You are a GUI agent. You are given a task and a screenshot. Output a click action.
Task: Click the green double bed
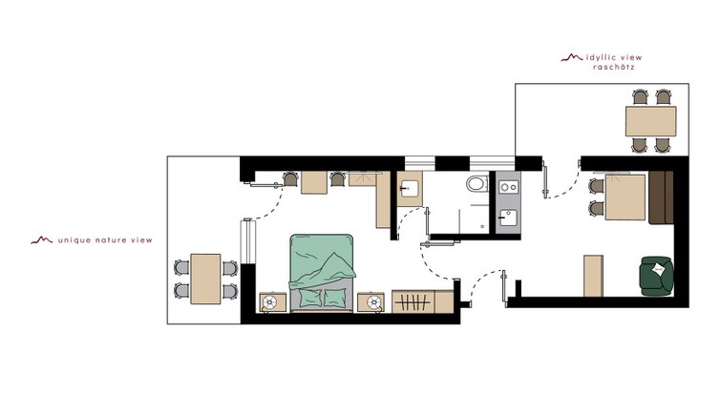pyautogui.click(x=322, y=273)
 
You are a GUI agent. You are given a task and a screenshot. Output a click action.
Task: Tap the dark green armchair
pyautogui.click(x=657, y=276)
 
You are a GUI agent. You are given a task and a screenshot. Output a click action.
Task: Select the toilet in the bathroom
pyautogui.click(x=477, y=183)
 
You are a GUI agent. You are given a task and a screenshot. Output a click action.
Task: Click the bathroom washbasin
pyautogui.click(x=409, y=189)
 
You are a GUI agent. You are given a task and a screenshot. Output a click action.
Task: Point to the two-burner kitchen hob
pyautogui.click(x=509, y=187)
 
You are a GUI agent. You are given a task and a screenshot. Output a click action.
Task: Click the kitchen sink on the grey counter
pyautogui.click(x=508, y=218)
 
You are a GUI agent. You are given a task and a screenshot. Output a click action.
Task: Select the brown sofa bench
pyautogui.click(x=661, y=197)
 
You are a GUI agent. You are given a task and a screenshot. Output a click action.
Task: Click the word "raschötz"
pyautogui.click(x=613, y=67)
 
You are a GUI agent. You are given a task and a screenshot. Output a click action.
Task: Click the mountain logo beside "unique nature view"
pyautogui.click(x=42, y=239)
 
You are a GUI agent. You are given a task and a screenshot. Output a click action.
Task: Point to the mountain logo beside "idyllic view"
pyautogui.click(x=572, y=57)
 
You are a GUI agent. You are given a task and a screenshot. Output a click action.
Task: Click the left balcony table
pyautogui.click(x=205, y=279)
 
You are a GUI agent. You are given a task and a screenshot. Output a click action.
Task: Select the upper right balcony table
pyautogui.click(x=650, y=121)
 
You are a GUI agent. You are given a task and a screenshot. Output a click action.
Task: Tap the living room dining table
pyautogui.click(x=625, y=197)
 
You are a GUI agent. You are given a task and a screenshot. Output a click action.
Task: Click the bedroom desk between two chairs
pyautogui.click(x=314, y=182)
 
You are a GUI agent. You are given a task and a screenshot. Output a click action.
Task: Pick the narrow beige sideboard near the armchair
pyautogui.click(x=593, y=276)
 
